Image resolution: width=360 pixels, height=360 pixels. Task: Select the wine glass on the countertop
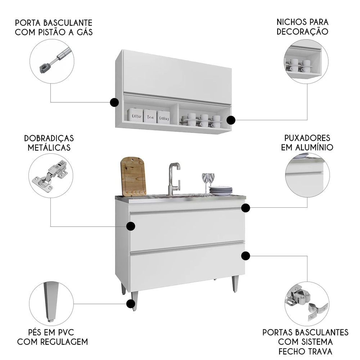208,182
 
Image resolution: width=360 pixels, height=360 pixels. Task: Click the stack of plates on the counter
220,191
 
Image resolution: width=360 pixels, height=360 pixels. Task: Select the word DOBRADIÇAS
49,138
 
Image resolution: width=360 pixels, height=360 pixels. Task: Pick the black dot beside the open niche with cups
231,120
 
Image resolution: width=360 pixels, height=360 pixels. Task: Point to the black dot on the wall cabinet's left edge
114,103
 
